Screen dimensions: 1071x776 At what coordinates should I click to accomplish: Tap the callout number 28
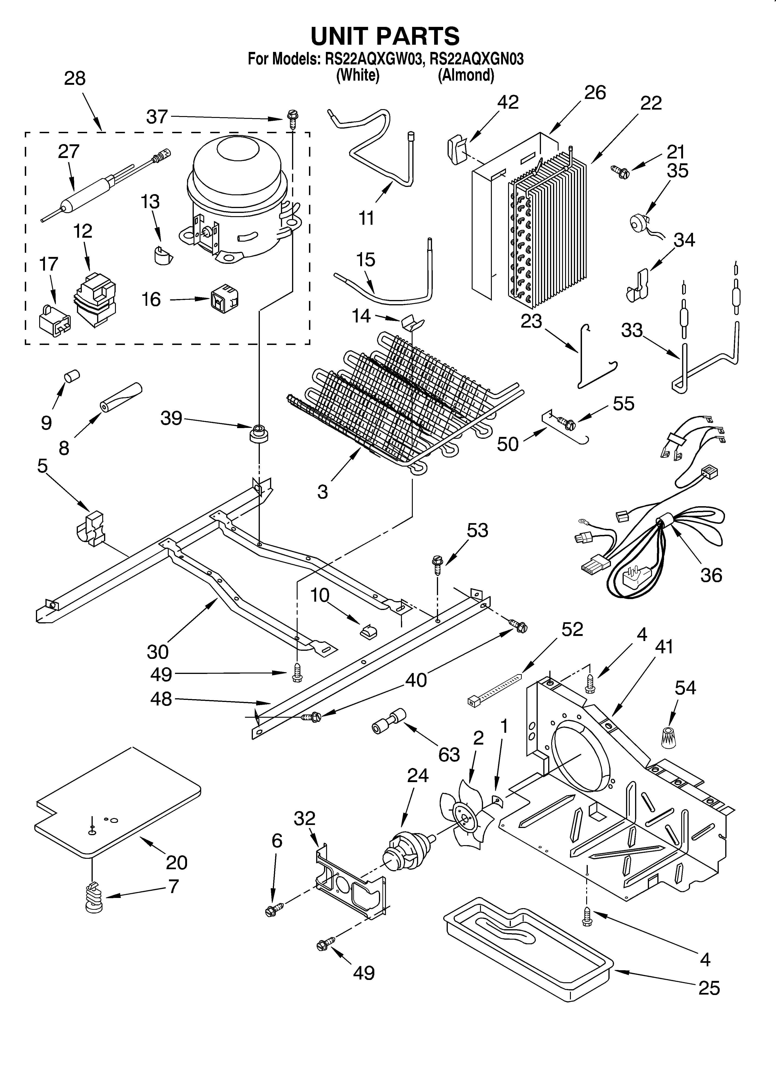pyautogui.click(x=75, y=78)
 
